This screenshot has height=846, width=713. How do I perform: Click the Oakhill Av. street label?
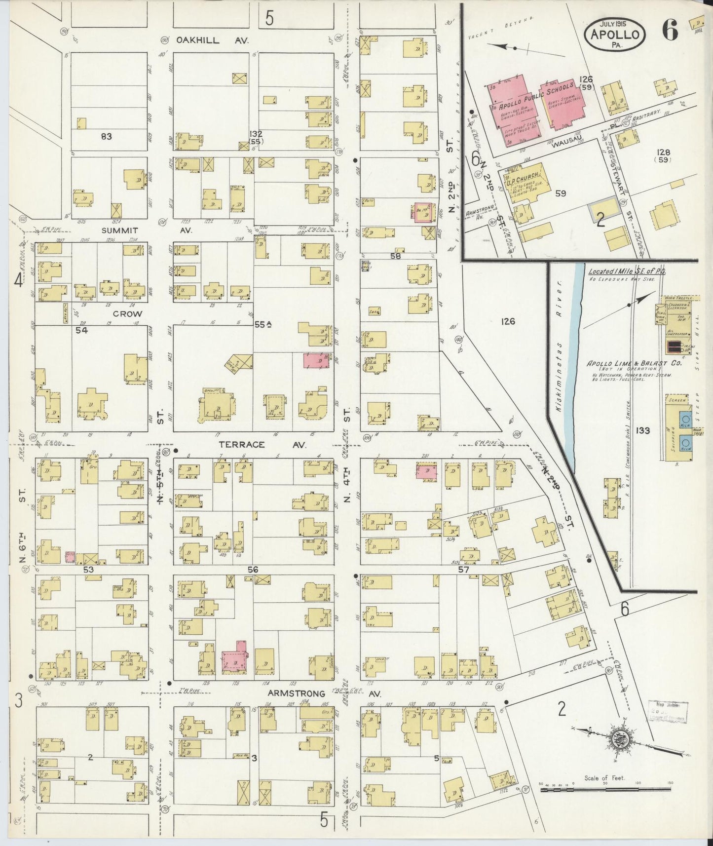pos(207,40)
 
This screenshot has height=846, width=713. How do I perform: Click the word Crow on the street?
pos(127,314)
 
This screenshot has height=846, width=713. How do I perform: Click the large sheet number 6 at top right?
pos(670,31)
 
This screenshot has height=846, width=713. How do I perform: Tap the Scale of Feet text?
pos(604,777)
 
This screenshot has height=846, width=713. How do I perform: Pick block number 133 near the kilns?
pos(642,431)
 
